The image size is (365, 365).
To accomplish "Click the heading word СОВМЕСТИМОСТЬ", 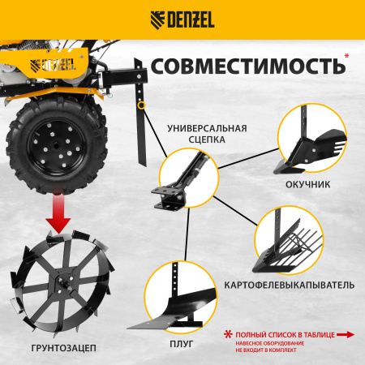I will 243,66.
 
